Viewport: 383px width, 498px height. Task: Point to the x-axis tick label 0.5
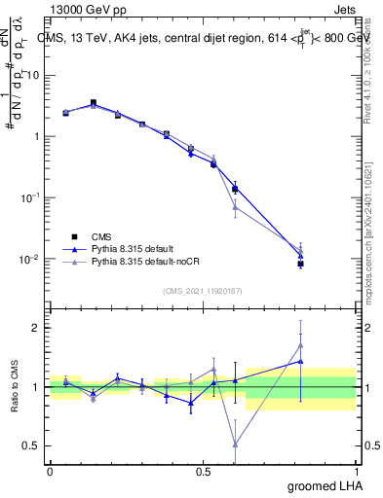[203, 472]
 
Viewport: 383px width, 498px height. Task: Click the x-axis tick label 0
[50, 472]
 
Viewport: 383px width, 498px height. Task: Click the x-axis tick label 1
[357, 472]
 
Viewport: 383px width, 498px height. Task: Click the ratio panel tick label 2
[38, 328]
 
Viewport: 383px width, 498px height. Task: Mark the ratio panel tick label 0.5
[34, 446]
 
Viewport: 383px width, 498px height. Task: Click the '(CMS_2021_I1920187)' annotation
[203, 290]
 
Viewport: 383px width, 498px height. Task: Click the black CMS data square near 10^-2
[301, 264]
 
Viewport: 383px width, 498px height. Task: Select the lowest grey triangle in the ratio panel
[235, 444]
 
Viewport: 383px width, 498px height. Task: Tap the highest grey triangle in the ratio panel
[301, 344]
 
